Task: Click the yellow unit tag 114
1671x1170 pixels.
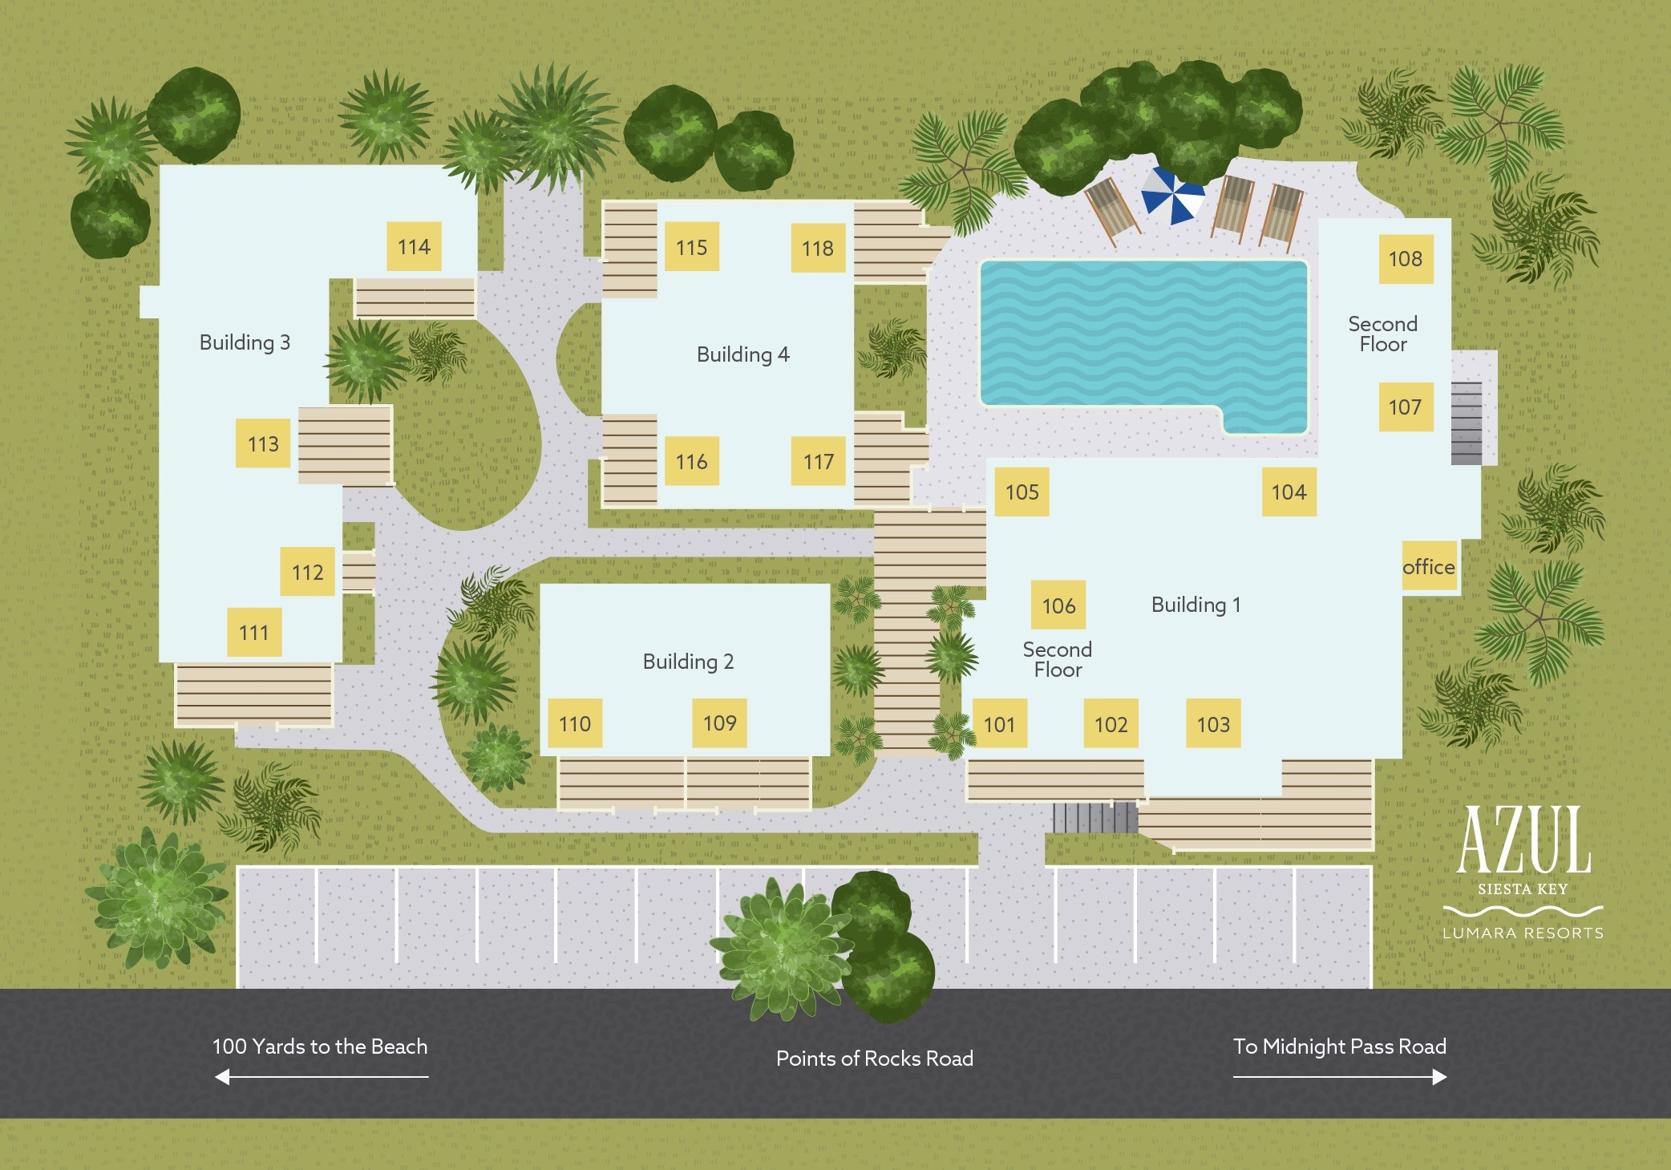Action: [414, 247]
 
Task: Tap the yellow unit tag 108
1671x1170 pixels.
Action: [1406, 259]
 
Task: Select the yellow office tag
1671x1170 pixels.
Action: [1429, 567]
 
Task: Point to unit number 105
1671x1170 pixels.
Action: [1022, 492]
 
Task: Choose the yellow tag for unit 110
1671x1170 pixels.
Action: [575, 724]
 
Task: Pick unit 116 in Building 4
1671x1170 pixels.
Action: [691, 462]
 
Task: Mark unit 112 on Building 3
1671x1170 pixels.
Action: [308, 573]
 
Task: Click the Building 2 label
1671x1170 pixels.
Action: [688, 662]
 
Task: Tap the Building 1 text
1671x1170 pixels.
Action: [1196, 605]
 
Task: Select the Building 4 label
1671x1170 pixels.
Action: [742, 354]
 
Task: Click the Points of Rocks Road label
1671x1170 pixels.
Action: [874, 1059]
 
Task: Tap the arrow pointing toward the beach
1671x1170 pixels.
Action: [322, 1077]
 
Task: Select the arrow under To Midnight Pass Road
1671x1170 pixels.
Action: [1340, 1077]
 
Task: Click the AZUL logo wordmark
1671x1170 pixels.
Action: [1523, 840]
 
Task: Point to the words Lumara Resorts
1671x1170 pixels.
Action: [1523, 933]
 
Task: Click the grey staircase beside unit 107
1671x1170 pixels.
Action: [1467, 423]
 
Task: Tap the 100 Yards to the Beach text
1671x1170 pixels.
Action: [320, 1047]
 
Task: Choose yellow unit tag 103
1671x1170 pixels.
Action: [1213, 725]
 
